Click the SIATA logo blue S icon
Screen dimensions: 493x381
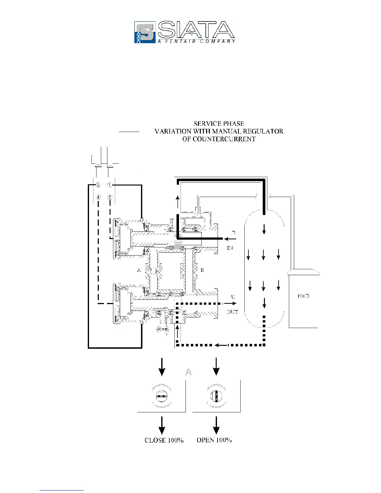coord(145,32)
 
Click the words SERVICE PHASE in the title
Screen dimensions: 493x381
coord(219,124)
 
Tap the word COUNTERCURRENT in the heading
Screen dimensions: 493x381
coord(219,139)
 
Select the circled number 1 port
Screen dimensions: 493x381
coord(110,185)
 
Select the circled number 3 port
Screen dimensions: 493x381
coord(98,185)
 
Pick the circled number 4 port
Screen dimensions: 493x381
coord(98,197)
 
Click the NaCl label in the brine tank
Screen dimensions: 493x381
coord(303,296)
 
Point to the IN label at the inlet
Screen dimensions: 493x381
coord(230,248)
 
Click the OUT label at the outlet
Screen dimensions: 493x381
coord(232,312)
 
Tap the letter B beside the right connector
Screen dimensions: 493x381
coord(202,270)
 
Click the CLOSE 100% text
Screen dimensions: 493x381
coord(164,440)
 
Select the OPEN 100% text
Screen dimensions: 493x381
coord(214,440)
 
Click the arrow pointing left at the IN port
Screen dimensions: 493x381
coord(230,239)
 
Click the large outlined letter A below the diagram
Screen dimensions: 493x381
coord(188,372)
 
